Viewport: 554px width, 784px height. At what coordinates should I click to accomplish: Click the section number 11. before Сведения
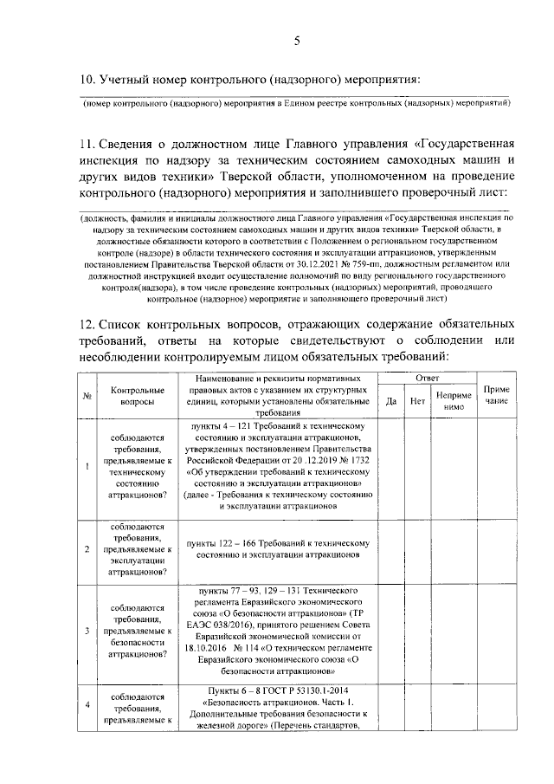click(87, 143)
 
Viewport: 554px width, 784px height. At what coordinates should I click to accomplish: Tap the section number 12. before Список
click(88, 323)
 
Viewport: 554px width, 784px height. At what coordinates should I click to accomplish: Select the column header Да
click(390, 401)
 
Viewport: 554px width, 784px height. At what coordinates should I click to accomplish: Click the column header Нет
click(417, 401)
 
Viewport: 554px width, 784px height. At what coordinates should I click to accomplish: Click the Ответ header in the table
click(427, 379)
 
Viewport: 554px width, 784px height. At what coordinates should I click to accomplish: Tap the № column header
click(87, 397)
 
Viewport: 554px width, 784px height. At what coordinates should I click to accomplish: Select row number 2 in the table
click(87, 548)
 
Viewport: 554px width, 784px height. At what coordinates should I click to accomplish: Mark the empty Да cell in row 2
click(390, 548)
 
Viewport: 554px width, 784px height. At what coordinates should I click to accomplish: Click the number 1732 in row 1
click(358, 461)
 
